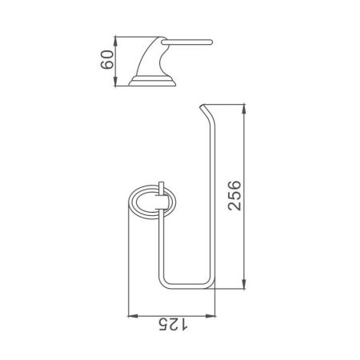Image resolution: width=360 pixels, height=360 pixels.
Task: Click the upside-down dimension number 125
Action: [171, 323]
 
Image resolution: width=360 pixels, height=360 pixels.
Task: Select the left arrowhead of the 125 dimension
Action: [130, 313]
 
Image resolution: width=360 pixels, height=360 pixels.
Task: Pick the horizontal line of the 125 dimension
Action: [173, 313]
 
